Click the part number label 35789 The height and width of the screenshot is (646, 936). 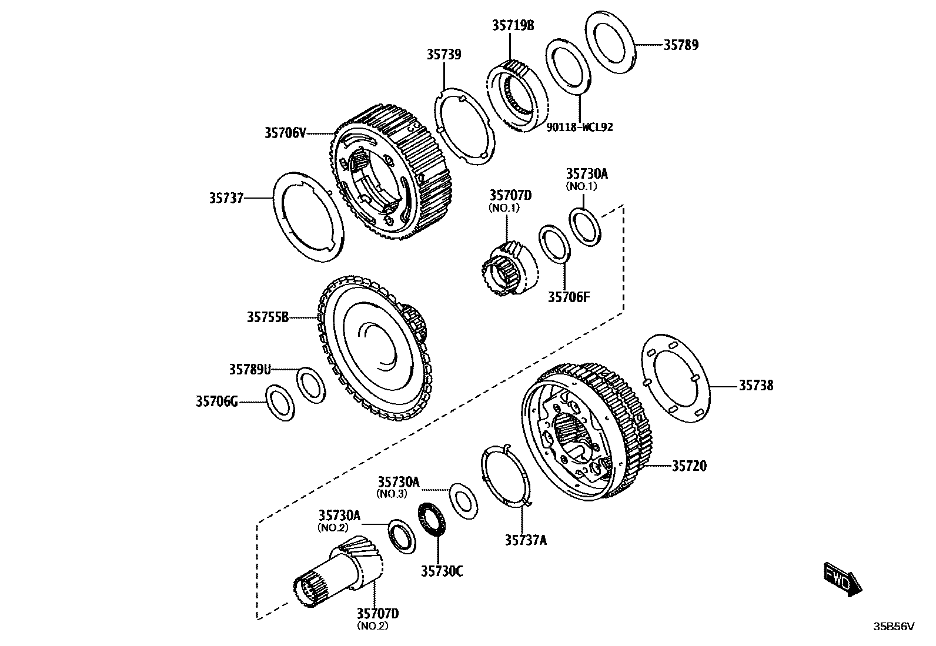coord(681,45)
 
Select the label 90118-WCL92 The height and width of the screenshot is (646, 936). coord(579,127)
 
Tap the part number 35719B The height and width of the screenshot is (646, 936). coord(513,25)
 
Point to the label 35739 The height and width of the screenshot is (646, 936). coord(444,55)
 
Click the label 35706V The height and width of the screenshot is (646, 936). coord(285,133)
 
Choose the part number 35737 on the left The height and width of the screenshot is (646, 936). coord(226,199)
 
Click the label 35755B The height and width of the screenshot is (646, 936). coord(268,317)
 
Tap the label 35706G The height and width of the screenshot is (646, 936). coord(217,402)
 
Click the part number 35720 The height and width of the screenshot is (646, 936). coord(689,466)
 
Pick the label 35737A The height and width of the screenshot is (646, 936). coord(525,540)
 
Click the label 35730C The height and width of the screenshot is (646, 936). coord(442,571)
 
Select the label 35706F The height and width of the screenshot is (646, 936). coord(569,297)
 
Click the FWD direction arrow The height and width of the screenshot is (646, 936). coord(843,578)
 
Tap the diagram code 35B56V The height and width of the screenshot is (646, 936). coord(894,627)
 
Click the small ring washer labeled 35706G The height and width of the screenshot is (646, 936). coord(281,403)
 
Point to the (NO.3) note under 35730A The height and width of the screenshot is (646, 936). coord(392,494)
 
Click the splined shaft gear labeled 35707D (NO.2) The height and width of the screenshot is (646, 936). coord(338,573)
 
